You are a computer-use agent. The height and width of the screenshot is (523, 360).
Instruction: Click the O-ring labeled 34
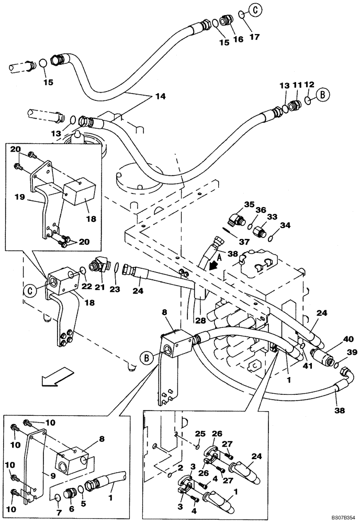pos(271,238)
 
